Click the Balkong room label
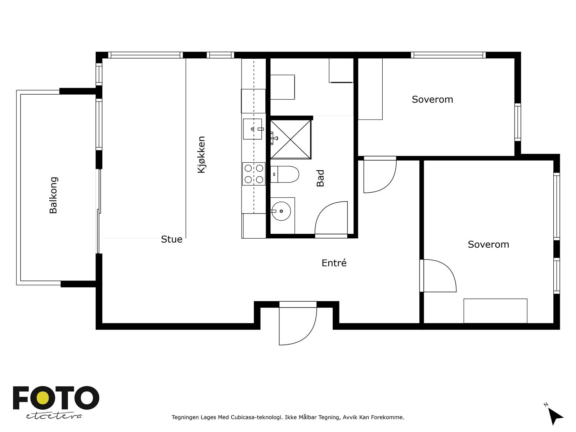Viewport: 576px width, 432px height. click(x=54, y=195)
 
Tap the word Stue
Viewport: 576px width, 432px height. click(x=172, y=239)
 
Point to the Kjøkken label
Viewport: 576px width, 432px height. click(x=201, y=154)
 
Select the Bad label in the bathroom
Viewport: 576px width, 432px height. click(x=320, y=178)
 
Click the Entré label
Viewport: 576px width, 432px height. click(x=334, y=263)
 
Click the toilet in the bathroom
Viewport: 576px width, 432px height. click(x=284, y=174)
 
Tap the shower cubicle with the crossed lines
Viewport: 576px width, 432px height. click(x=291, y=139)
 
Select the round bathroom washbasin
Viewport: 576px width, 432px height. click(x=281, y=211)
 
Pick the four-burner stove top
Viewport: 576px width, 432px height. click(x=254, y=174)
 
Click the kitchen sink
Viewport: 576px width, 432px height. click(x=252, y=129)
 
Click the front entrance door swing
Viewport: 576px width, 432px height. click(x=298, y=326)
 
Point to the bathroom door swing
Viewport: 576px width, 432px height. click(x=331, y=218)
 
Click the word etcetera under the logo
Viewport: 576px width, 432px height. click(x=54, y=416)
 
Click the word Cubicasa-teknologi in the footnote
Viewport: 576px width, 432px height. click(x=256, y=417)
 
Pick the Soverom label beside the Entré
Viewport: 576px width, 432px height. click(x=489, y=244)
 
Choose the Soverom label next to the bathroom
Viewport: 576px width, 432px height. click(x=432, y=99)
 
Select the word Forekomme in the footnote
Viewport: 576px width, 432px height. click(x=387, y=417)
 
